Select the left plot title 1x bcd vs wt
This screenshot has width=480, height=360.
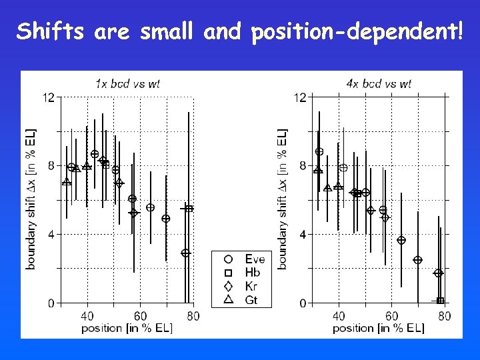[127, 83]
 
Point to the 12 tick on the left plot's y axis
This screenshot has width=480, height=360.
[48, 97]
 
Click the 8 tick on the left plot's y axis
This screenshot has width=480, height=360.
[51, 166]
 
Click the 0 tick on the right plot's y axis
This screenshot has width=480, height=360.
[302, 303]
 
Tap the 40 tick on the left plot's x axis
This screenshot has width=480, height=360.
[87, 316]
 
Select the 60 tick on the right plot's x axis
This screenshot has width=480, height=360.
[391, 316]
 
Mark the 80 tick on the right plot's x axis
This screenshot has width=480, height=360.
[445, 316]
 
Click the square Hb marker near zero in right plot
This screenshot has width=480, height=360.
[440, 301]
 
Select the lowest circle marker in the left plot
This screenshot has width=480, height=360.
[185, 253]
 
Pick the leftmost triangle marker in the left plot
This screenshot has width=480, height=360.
[67, 182]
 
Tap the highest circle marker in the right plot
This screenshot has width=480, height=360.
[319, 152]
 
